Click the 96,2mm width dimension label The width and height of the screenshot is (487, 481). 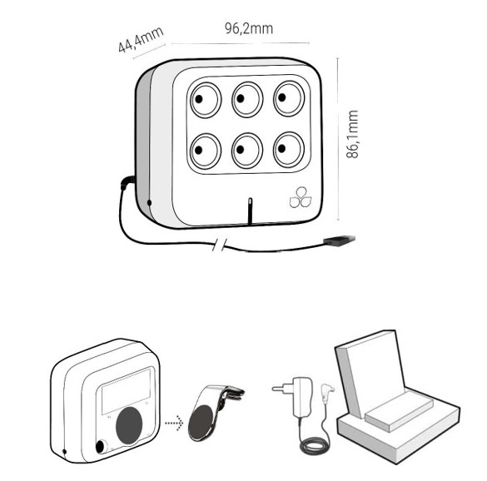(249, 28)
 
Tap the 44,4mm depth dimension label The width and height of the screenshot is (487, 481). (141, 39)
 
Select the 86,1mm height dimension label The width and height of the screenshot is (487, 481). (352, 134)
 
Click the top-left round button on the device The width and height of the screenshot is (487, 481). (206, 100)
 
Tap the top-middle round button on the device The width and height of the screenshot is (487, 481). (247, 99)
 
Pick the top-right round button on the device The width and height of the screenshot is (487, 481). (289, 98)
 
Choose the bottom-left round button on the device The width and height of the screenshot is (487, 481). (206, 151)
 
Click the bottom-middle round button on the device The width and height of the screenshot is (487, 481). (247, 151)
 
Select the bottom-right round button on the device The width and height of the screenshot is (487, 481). (289, 150)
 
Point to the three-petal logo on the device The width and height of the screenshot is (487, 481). (301, 197)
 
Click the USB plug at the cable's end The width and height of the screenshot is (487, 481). (339, 240)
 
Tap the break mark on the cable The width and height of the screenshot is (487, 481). (219, 245)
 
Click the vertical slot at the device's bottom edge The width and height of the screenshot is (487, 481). (250, 211)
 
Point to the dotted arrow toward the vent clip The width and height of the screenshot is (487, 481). (174, 423)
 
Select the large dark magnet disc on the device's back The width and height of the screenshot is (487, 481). (129, 425)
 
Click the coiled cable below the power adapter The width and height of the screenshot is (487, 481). (315, 446)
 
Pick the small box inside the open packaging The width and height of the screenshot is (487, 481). (399, 411)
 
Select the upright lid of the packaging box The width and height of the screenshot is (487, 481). (370, 373)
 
